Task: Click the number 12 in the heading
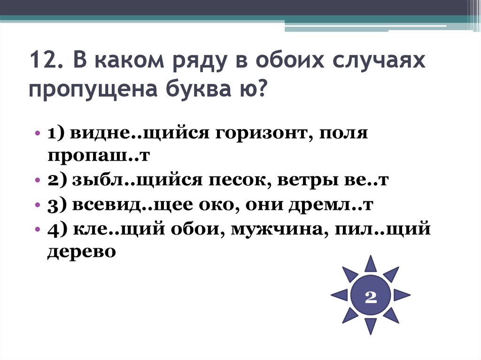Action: pyautogui.click(x=41, y=62)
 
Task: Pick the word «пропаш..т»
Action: pyautogui.click(x=98, y=155)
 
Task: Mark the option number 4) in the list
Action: pyautogui.click(x=58, y=230)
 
